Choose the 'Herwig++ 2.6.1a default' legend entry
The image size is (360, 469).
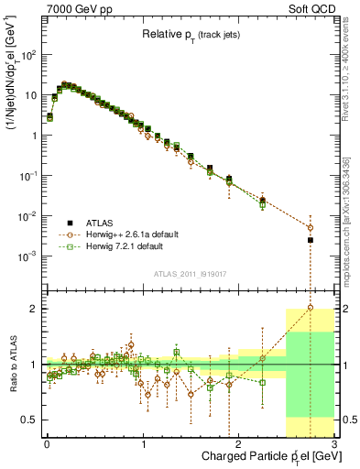click(133, 234)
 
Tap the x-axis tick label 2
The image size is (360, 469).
click(238, 443)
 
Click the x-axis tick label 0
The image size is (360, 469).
click(47, 443)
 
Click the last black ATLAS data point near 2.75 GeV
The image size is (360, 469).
click(310, 240)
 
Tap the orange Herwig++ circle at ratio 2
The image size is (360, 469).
click(310, 309)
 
